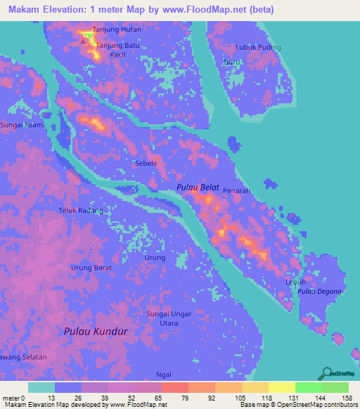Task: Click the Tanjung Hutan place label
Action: (117, 30)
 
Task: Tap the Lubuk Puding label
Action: (259, 48)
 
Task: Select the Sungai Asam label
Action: (22, 124)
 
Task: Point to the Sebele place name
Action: (146, 162)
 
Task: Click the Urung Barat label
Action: (91, 268)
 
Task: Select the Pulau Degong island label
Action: (319, 291)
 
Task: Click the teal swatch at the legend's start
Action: (41, 387)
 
